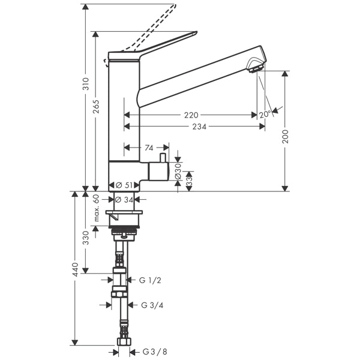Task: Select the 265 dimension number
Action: [96, 106]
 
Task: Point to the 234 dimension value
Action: [200, 127]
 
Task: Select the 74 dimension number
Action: [149, 147]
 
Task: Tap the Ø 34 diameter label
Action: [124, 199]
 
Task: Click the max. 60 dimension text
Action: [96, 208]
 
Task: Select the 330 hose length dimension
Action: [86, 238]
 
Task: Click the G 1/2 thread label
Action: [151, 280]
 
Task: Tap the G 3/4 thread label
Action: [152, 305]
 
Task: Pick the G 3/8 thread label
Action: [154, 352]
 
